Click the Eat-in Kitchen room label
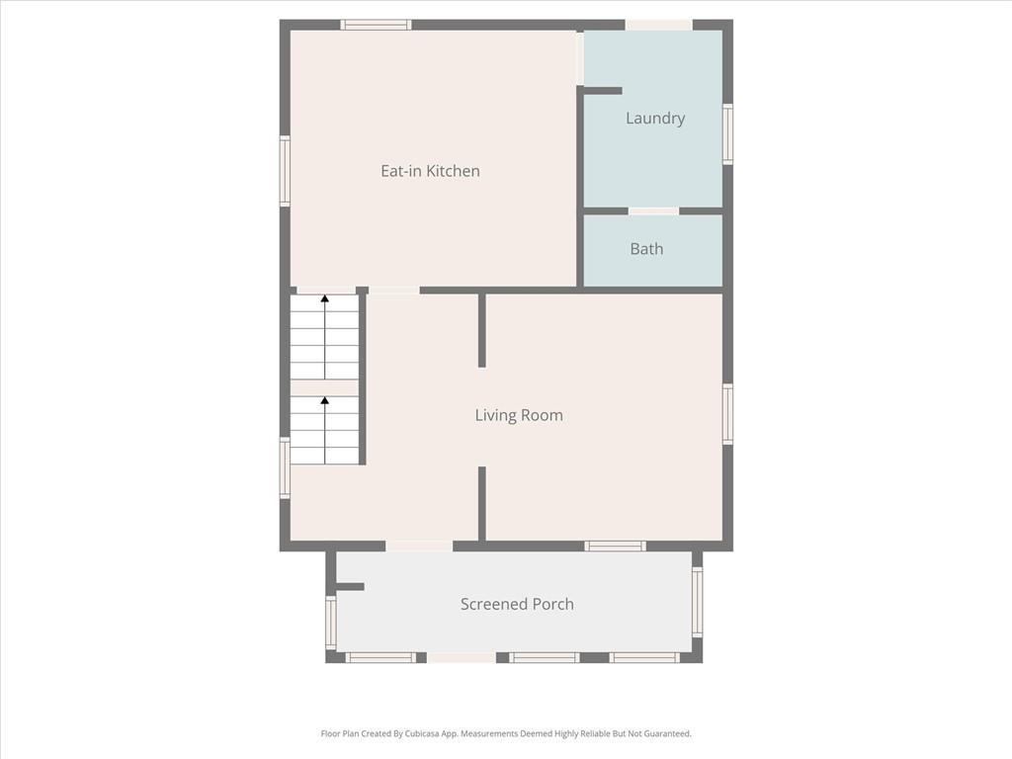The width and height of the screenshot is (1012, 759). (430, 171)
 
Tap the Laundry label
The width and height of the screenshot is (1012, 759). (655, 119)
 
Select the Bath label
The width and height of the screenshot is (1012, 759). (646, 249)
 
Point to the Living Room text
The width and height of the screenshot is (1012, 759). (519, 416)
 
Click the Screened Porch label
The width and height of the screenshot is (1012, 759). (517, 604)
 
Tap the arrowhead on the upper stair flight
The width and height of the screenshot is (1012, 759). (324, 298)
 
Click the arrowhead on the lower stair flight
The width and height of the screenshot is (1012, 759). (324, 401)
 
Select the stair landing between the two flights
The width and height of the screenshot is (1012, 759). (324, 387)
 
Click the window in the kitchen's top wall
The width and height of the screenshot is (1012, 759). (376, 25)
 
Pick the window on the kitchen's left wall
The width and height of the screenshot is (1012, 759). (285, 171)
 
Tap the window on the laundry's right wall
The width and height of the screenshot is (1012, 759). (727, 134)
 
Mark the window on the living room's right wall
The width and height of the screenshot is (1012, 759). (727, 414)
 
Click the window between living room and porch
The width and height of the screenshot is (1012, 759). (615, 546)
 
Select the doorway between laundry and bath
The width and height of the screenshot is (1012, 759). (654, 211)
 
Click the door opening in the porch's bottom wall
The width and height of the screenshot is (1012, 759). (462, 657)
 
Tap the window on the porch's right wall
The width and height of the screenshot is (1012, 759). (697, 602)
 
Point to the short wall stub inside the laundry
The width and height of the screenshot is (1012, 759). (603, 91)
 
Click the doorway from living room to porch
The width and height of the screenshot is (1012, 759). (419, 546)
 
